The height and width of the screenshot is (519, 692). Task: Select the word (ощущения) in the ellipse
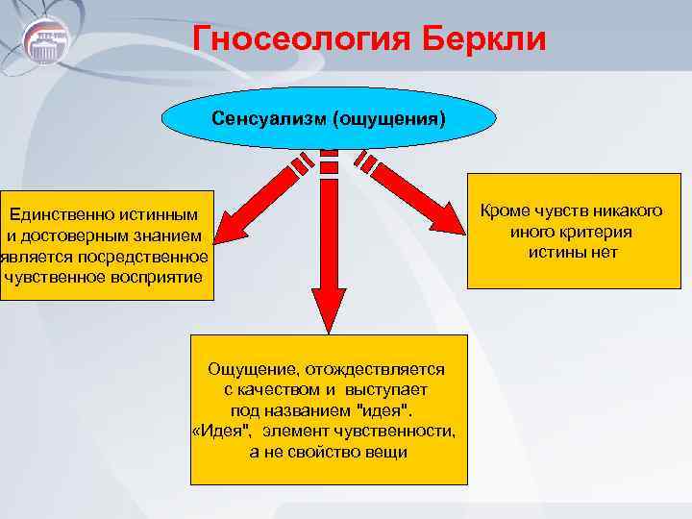click(389, 119)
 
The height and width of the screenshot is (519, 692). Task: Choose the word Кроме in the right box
click(507, 210)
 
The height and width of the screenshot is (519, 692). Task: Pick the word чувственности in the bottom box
click(402, 431)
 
